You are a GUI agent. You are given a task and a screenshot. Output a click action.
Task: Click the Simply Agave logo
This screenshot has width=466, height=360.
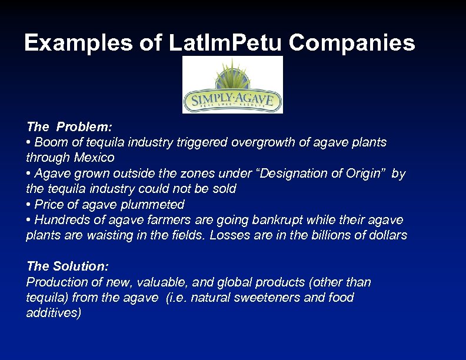tap(232, 85)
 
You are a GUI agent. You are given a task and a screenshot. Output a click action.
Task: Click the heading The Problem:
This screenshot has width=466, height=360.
tap(69, 126)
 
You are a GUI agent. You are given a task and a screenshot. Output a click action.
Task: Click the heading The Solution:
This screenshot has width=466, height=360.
tap(68, 266)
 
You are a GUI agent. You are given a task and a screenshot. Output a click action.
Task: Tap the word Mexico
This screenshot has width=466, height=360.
tap(94, 158)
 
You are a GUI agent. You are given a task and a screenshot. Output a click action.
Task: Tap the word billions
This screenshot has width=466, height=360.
tap(328, 235)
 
